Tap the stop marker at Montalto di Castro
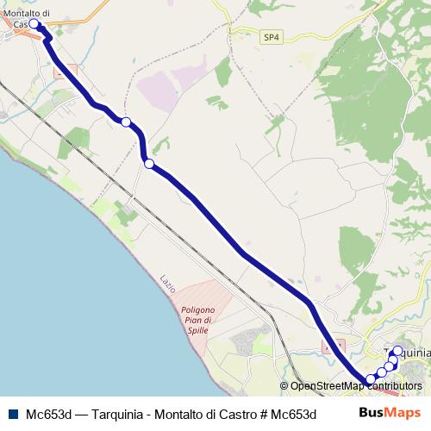(35, 24)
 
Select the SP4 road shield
(272, 37)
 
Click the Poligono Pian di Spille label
(203, 322)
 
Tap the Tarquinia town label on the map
(408, 353)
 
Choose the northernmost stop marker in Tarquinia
(397, 351)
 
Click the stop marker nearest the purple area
(126, 122)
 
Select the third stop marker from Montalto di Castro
(149, 164)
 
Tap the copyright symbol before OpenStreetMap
(284, 386)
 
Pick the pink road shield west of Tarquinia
(334, 345)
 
